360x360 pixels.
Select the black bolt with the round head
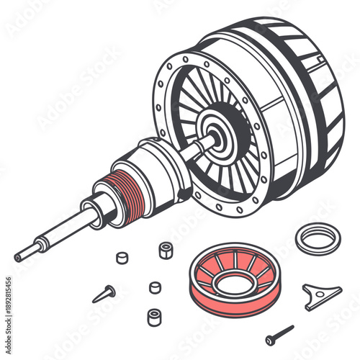point(279,334)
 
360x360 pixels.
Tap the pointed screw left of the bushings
point(104,293)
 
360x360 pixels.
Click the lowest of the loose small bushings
point(153,316)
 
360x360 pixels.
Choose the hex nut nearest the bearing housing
point(166,250)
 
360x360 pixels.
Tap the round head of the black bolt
point(271,339)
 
